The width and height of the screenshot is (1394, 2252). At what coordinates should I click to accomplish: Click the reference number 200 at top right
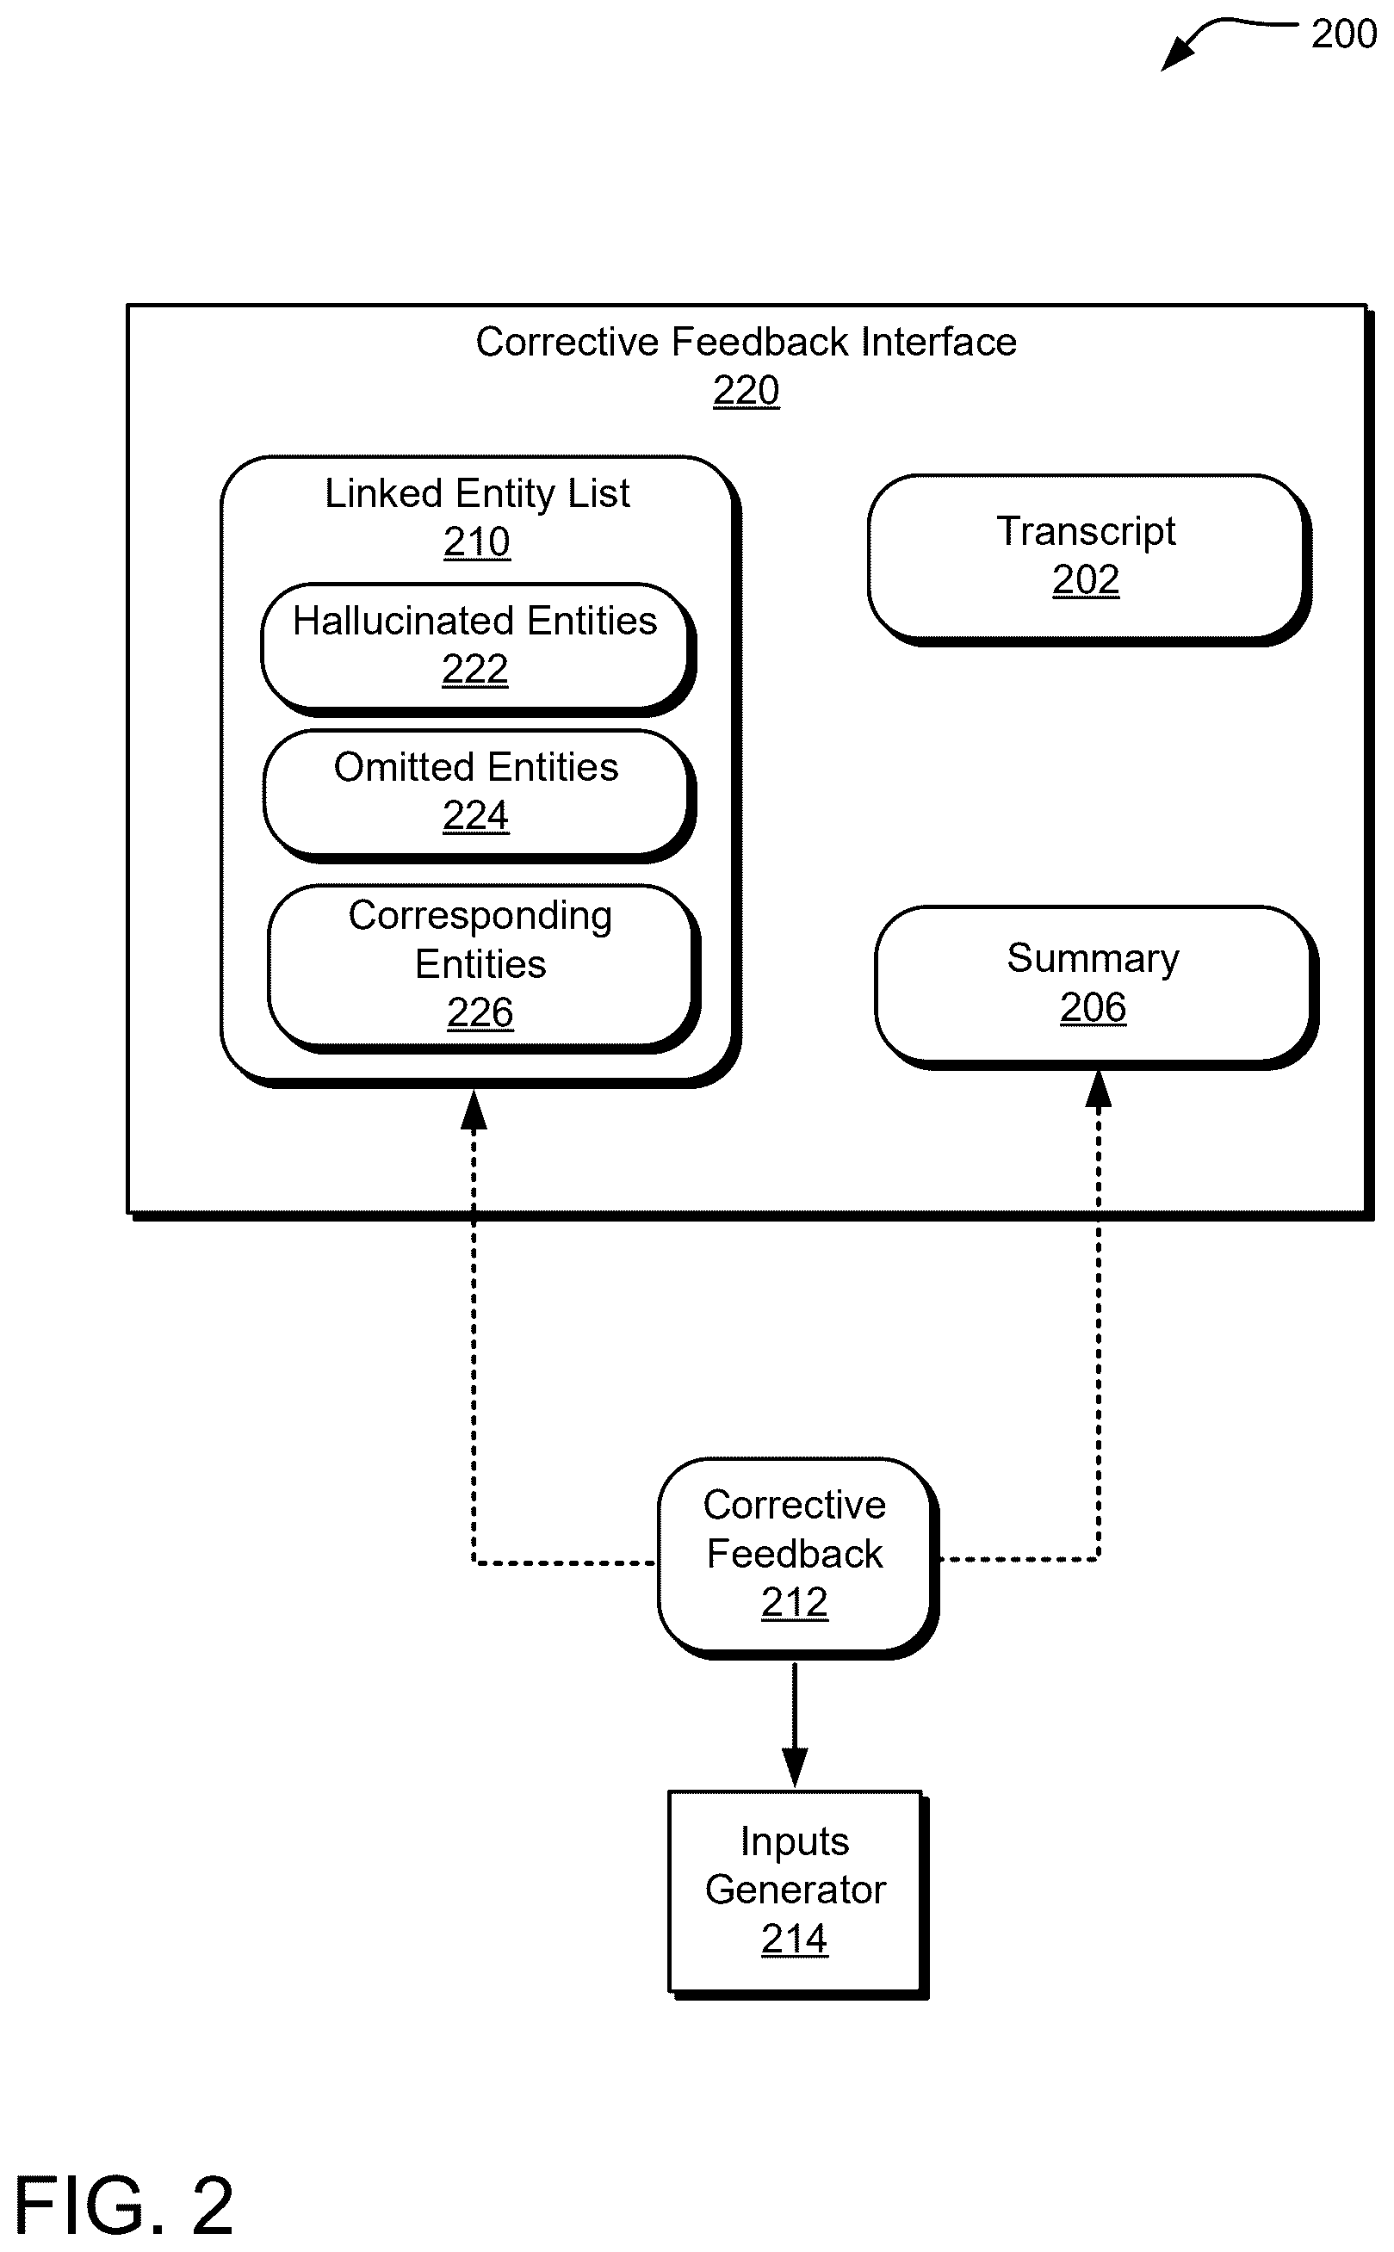click(1343, 34)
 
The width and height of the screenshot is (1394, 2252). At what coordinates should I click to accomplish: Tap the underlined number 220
click(746, 390)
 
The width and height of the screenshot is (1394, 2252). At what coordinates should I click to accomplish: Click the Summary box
click(1095, 987)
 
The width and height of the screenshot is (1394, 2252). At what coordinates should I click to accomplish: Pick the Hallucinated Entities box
click(478, 649)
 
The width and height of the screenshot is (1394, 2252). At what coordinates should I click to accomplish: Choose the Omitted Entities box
click(479, 795)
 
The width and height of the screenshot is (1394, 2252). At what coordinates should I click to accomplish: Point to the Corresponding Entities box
click(483, 968)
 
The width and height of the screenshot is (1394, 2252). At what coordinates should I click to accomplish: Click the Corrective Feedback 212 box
click(797, 1558)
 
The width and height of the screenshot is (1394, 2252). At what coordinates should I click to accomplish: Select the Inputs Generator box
click(797, 1896)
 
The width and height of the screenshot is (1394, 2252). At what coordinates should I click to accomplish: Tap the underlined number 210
click(477, 541)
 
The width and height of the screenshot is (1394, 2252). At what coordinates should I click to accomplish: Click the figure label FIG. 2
click(125, 2206)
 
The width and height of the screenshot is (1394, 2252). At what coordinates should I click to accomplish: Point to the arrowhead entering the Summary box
click(1098, 1089)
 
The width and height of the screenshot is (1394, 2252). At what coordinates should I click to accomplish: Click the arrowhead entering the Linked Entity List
click(474, 1109)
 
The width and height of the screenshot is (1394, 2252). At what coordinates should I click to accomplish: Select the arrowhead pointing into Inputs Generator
click(795, 1768)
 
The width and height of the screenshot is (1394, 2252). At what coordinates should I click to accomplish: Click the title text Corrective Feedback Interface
click(746, 342)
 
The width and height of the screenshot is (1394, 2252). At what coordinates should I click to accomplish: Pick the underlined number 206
click(1093, 1006)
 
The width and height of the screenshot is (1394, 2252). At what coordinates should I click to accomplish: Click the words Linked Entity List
click(477, 493)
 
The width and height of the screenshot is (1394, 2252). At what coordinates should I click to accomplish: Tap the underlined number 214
click(795, 1939)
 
